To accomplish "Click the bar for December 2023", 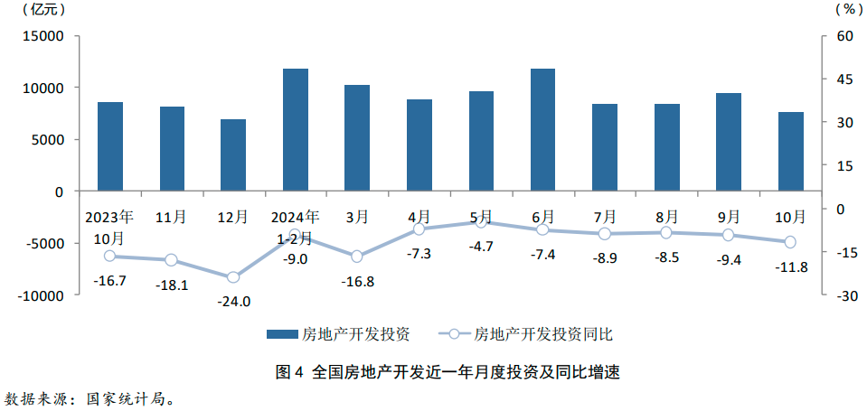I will [233, 155].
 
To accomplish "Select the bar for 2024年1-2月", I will [296, 130].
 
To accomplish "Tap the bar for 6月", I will [542, 130].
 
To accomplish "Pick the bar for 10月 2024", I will [790, 152].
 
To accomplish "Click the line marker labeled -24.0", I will [233, 277].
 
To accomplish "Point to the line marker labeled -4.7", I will [481, 222].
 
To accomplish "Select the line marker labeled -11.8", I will [790, 242].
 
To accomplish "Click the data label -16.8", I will [357, 282].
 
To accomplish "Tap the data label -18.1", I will [172, 285].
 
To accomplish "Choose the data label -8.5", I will [666, 257].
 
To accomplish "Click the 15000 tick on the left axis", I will [45, 36].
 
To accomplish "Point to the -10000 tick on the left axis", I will [42, 295].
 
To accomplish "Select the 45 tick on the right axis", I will [844, 79].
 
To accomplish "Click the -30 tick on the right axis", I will [845, 295].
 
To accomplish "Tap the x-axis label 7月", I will [605, 217].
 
